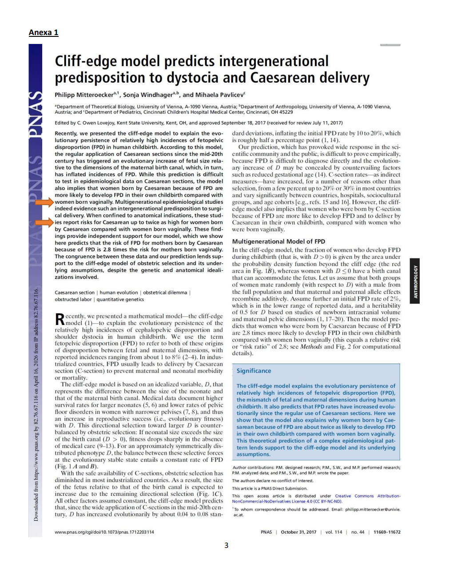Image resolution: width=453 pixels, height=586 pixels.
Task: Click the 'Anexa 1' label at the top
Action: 44,32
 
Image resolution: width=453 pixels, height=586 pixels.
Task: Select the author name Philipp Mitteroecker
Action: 84,95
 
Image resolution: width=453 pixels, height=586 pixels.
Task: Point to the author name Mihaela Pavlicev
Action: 219,95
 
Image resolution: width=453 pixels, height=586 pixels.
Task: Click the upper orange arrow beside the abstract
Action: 44,202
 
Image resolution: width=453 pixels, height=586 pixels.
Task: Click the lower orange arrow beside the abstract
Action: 44,222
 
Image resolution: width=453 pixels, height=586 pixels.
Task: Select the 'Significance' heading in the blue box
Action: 254,371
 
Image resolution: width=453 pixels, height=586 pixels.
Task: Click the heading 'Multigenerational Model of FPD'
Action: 278,242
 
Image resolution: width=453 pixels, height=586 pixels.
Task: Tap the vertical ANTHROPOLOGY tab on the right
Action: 415,281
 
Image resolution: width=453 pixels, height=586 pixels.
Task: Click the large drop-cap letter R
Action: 60,319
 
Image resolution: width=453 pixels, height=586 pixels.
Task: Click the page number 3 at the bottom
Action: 226,545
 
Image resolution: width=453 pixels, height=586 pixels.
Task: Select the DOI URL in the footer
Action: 104,532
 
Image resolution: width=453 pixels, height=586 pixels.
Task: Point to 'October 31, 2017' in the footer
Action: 298,532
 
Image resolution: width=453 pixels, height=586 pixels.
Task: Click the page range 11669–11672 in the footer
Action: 387,532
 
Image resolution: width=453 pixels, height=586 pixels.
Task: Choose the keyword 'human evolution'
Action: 119,293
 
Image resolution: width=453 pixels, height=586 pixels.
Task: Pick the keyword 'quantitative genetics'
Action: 120,299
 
